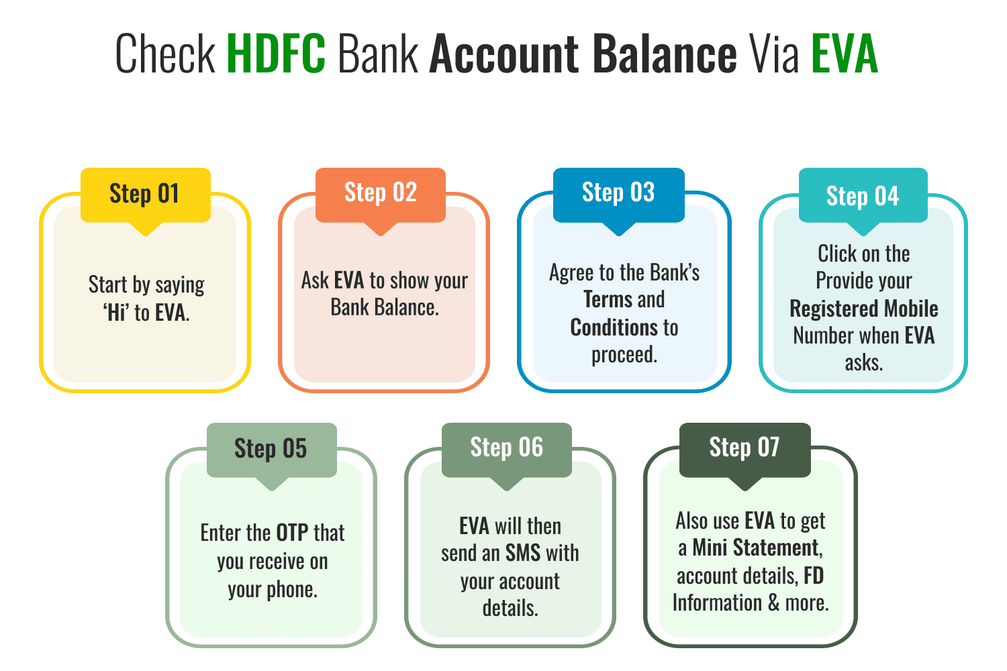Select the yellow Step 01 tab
[x=145, y=194]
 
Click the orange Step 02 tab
[x=381, y=193]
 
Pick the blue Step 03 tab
[x=618, y=193]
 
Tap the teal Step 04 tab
[x=863, y=196]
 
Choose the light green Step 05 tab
[x=271, y=449]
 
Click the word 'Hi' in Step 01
[x=116, y=313]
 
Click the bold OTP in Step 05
[x=292, y=533]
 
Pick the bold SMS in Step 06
[x=523, y=554]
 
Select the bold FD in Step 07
[x=814, y=576]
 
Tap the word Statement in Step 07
[x=777, y=548]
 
